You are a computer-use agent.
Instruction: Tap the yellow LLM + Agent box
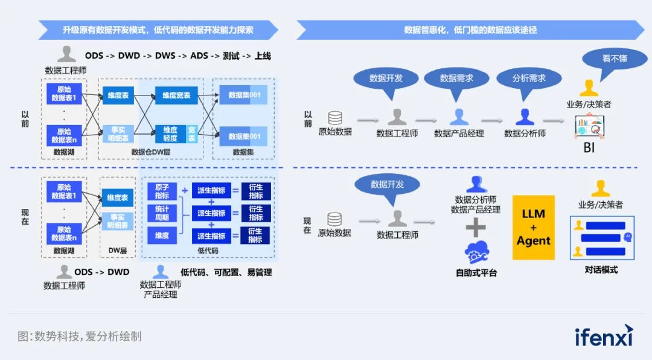click(533, 227)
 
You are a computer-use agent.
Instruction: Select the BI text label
click(589, 147)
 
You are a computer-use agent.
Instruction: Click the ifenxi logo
click(603, 336)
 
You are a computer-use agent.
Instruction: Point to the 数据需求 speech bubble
click(456, 79)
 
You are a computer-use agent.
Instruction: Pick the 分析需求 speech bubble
click(529, 79)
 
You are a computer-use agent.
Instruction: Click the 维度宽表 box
click(177, 95)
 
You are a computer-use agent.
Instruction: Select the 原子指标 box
click(162, 191)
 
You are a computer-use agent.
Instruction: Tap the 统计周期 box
click(162, 213)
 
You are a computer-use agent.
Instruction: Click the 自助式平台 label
click(476, 273)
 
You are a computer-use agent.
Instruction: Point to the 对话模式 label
click(601, 270)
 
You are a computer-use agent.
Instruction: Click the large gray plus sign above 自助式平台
click(476, 227)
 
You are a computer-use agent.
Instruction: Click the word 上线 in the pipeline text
click(263, 56)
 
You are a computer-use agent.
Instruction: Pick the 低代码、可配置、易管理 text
click(226, 272)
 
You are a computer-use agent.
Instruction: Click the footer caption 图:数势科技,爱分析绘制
click(79, 336)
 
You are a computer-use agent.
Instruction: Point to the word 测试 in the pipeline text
click(231, 56)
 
